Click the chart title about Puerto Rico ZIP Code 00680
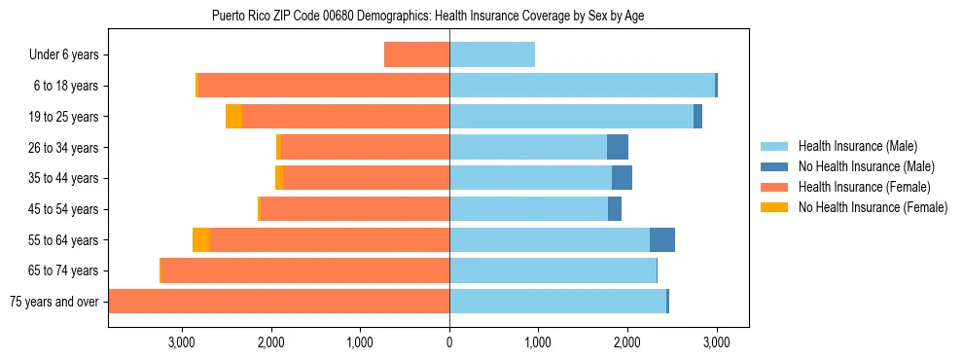[428, 16]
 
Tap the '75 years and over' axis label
[54, 302]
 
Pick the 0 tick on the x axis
[449, 342]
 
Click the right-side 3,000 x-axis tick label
[716, 342]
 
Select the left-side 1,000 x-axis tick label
[360, 342]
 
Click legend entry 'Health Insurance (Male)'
[852, 146]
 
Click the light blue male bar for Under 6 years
[492, 54]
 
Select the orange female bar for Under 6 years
[416, 54]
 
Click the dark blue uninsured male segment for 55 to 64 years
[662, 239]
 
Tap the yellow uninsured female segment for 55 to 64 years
[201, 239]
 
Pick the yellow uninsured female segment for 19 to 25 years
[233, 117]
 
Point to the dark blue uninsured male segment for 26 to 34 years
[618, 147]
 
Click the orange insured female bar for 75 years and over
[279, 301]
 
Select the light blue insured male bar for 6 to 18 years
[582, 86]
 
